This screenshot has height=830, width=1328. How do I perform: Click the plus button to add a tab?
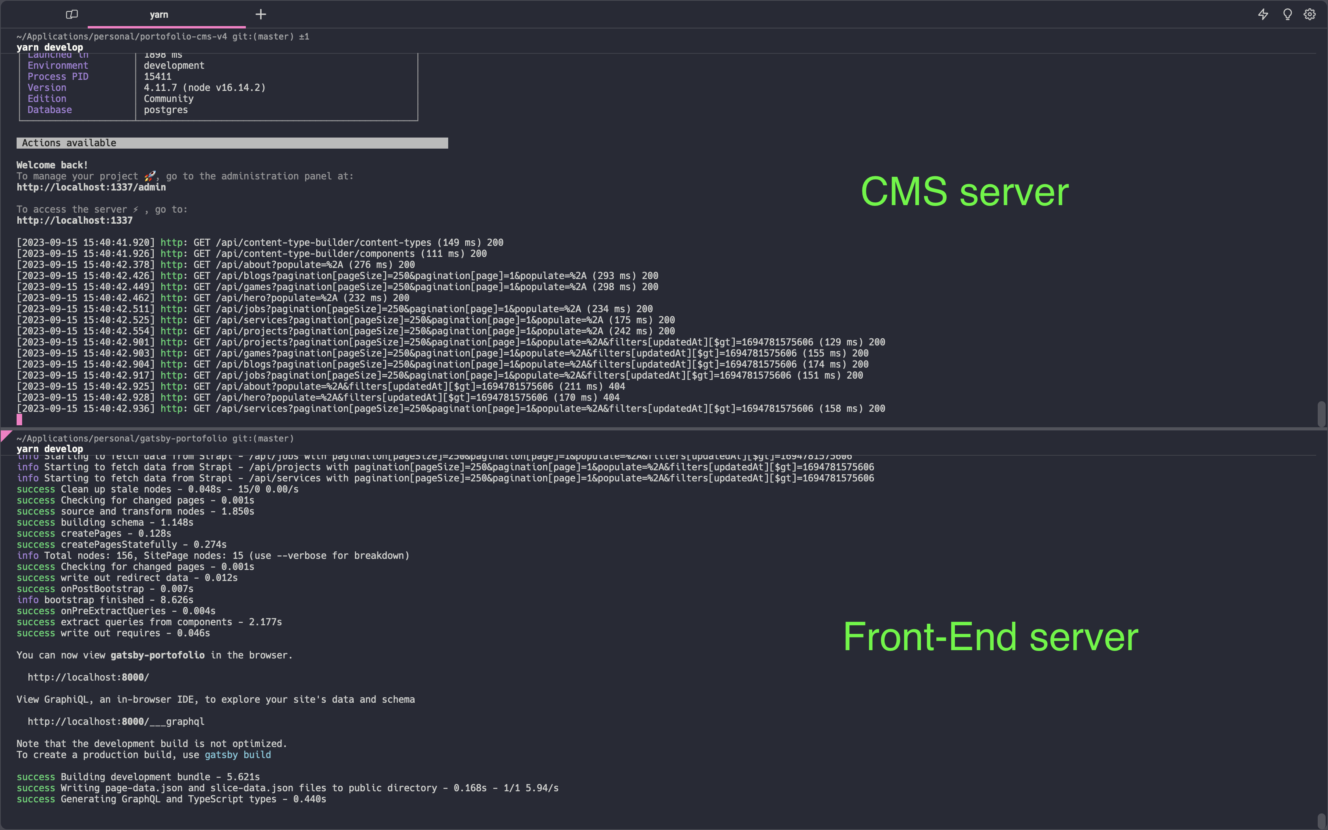[261, 14]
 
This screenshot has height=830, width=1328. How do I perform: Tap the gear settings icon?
[1309, 14]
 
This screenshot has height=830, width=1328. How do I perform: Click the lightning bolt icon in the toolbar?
[1263, 14]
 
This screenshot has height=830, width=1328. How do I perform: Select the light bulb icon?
[1287, 14]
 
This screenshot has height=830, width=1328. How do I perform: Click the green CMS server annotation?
[964, 192]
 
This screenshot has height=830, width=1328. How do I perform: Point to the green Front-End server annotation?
[990, 637]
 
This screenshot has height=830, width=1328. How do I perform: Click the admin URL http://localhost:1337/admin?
[91, 187]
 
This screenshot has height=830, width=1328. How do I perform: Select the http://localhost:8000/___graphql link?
[116, 721]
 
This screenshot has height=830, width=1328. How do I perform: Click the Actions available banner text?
[69, 143]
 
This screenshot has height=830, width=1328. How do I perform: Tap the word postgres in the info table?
[166, 110]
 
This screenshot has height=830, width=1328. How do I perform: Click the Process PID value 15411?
[157, 76]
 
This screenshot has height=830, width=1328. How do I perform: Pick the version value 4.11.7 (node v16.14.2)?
[204, 88]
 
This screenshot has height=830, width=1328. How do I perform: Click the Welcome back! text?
[52, 165]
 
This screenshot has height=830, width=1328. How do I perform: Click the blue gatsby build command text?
[238, 755]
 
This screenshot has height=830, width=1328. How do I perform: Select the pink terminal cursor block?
[19, 420]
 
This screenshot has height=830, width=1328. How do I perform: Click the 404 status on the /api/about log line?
[617, 387]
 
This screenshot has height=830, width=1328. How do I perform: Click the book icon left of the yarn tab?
[72, 14]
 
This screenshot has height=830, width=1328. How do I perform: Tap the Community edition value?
[168, 99]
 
